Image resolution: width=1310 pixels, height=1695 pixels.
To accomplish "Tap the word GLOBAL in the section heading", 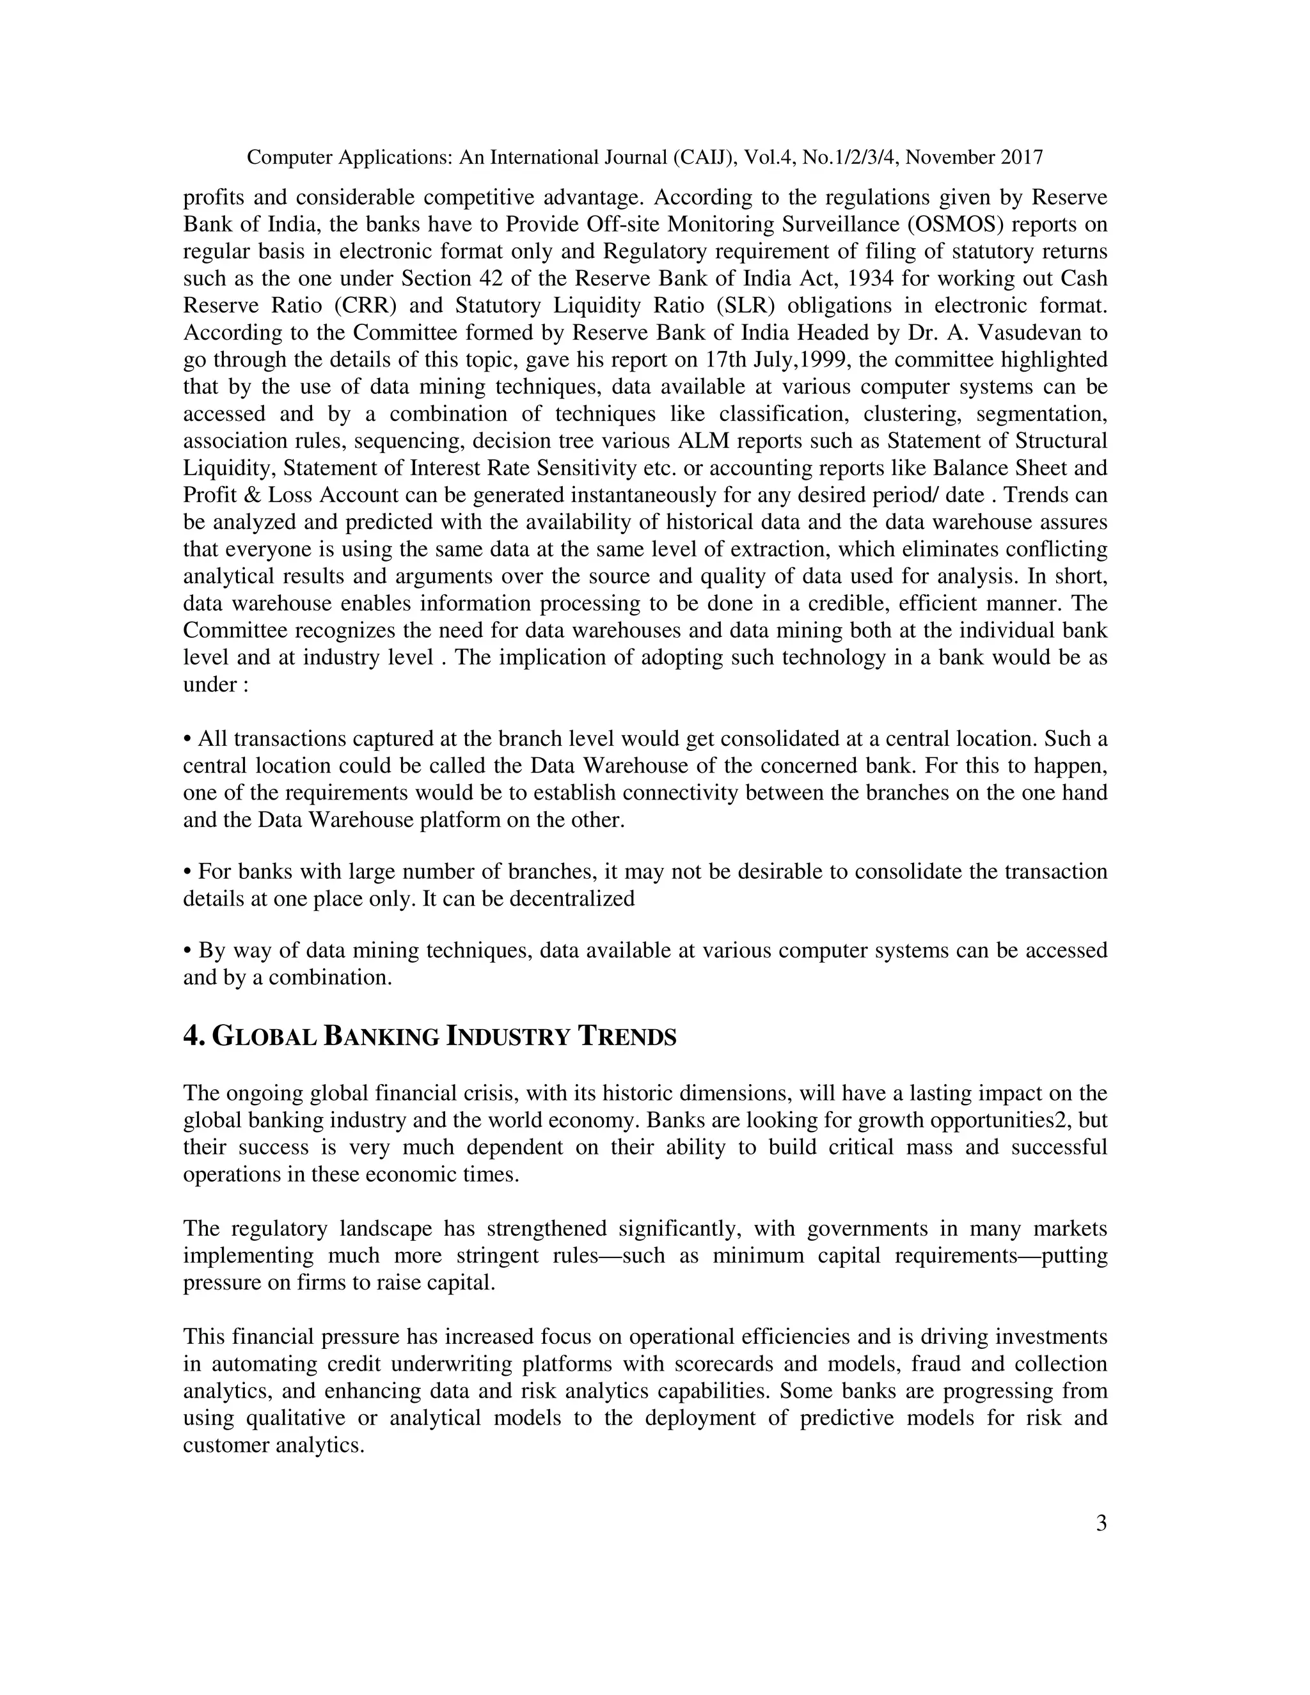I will pos(264,1036).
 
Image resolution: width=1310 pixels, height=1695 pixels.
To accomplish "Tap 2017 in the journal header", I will pos(1022,157).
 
